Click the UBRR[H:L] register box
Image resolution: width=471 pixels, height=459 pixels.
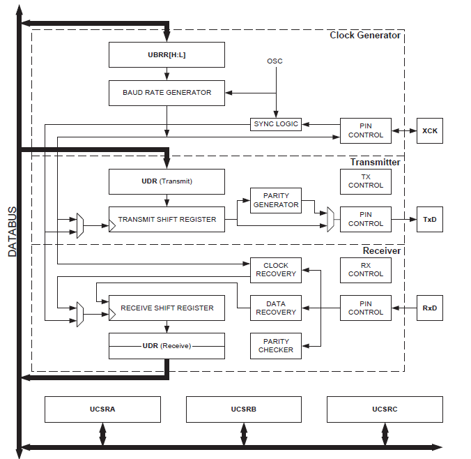(167, 54)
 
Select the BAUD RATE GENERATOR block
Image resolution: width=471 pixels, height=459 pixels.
(167, 93)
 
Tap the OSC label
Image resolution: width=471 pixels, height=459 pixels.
(275, 61)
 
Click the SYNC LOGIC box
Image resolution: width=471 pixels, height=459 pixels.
(275, 124)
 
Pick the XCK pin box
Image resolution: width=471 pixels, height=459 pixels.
(429, 130)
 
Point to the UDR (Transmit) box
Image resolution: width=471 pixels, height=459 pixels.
(167, 181)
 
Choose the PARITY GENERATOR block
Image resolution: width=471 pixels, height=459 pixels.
(275, 200)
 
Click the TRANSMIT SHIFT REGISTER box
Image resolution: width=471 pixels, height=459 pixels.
(167, 219)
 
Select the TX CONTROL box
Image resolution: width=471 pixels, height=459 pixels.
(366, 181)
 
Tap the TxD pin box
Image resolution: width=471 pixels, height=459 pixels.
(429, 219)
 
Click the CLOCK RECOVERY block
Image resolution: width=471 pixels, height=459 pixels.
(275, 270)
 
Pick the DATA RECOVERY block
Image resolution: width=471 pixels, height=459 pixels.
(275, 308)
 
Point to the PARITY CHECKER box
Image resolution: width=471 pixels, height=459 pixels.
(275, 345)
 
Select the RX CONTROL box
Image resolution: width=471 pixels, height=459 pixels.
(366, 270)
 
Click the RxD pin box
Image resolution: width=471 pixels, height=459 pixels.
(429, 308)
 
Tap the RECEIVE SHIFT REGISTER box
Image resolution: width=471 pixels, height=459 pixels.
(167, 308)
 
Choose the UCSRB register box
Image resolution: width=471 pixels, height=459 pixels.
(244, 409)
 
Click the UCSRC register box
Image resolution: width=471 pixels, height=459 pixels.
(385, 409)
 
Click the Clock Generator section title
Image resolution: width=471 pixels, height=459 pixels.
(364, 36)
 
